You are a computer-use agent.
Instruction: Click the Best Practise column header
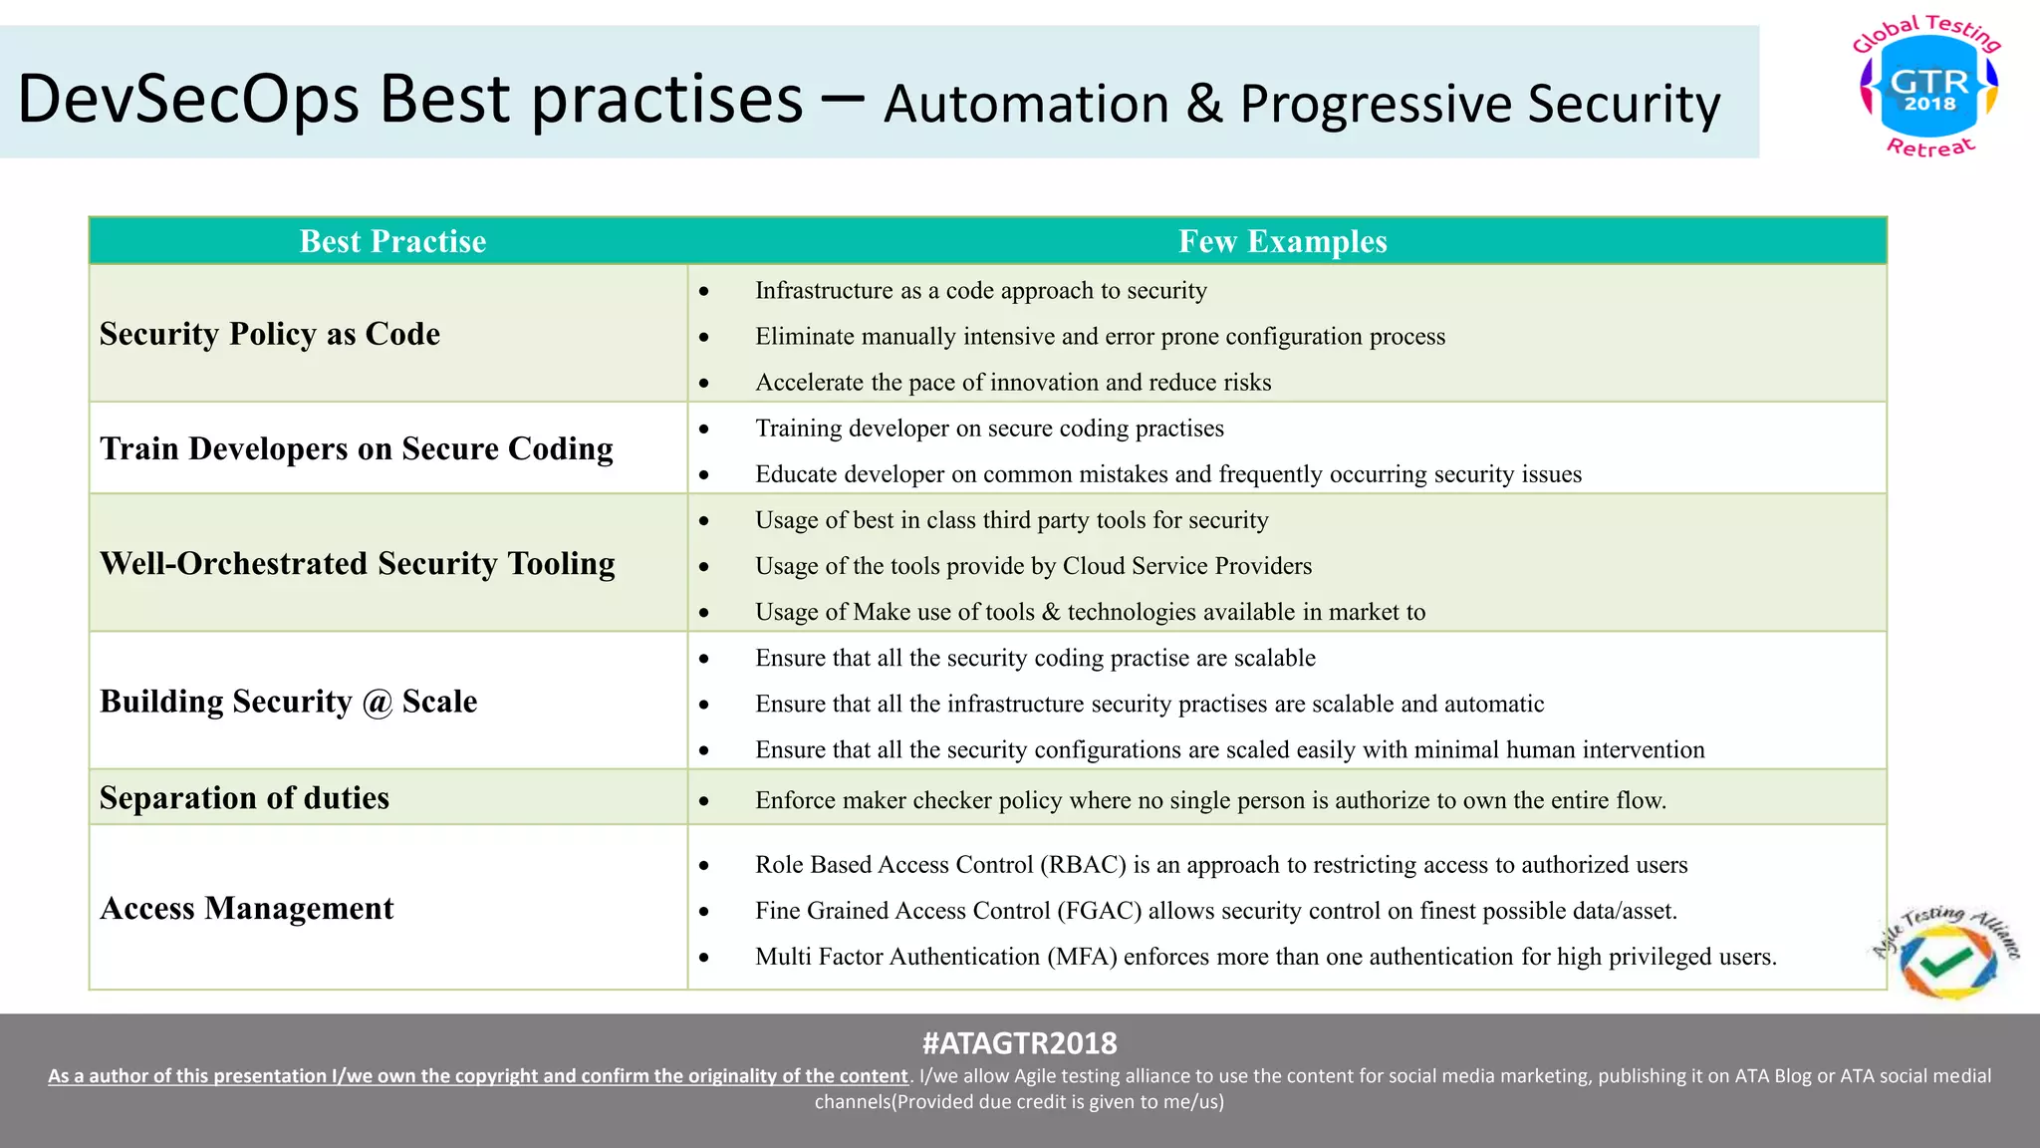[392, 241]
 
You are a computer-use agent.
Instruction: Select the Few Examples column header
[1282, 241]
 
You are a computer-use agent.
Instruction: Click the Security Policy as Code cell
[270, 334]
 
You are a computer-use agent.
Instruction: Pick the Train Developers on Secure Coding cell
[357, 448]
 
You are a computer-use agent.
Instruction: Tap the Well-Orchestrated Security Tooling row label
[358, 563]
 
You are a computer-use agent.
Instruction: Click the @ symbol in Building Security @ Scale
[378, 703]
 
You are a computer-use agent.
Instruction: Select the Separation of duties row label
[244, 798]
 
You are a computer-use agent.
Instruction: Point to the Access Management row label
[247, 908]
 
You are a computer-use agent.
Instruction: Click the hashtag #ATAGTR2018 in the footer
[1019, 1043]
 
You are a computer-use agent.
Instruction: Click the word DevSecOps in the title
[188, 100]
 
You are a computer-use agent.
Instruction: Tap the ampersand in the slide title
[1203, 104]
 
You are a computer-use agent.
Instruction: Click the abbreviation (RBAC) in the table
[1083, 865]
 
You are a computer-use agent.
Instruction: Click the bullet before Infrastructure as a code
[704, 292]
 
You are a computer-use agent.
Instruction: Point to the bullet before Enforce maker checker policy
[704, 801]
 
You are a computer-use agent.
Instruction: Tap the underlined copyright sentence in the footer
[478, 1076]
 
